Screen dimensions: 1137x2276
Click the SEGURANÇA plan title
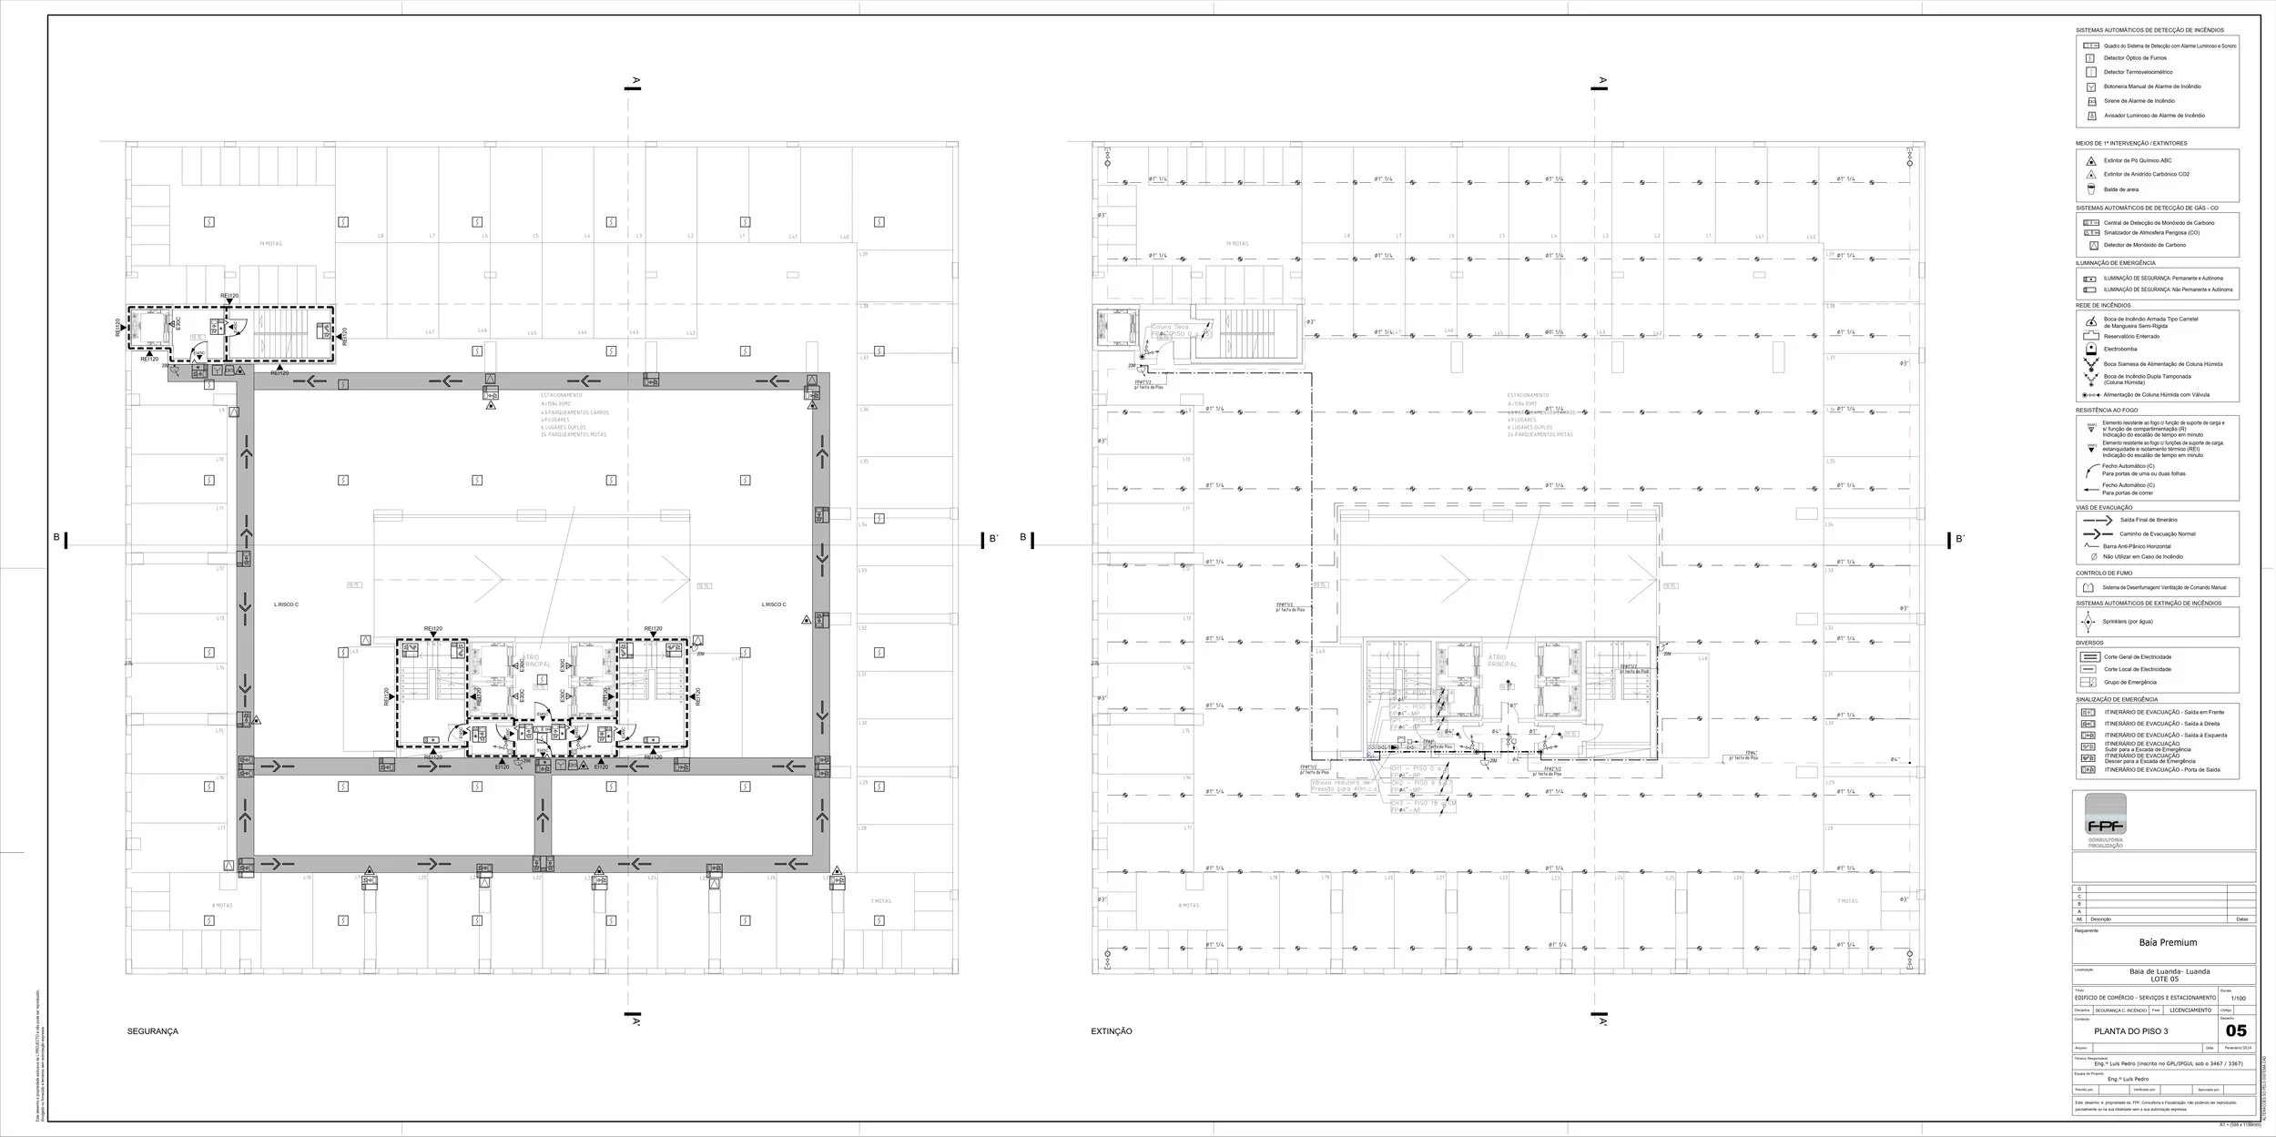point(153,1031)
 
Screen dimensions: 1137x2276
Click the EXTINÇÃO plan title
point(1112,1031)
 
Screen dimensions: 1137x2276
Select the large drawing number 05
point(2236,1031)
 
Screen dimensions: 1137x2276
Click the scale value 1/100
point(2239,999)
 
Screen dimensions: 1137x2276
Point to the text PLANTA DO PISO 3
point(2137,1031)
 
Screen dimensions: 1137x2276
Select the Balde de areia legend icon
point(2091,189)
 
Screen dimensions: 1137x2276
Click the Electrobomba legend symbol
point(2090,349)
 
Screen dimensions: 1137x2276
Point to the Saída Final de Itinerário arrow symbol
point(2097,520)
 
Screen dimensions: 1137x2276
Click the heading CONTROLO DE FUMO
point(2104,574)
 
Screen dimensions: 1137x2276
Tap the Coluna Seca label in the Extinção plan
point(1170,327)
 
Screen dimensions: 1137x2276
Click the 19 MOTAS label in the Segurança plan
point(269,244)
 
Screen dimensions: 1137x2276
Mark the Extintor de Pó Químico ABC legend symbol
point(2091,160)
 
